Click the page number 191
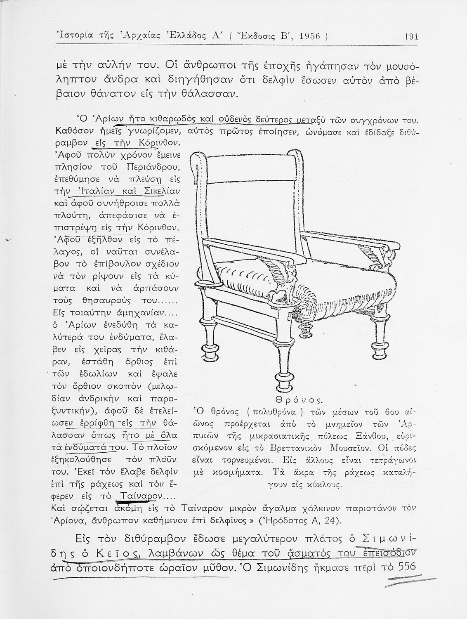pos(411,36)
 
